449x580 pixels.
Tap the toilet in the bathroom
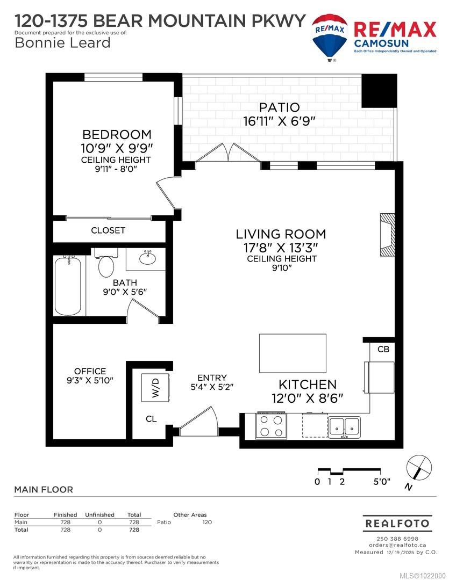pyautogui.click(x=106, y=265)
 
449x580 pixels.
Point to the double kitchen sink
pyautogui.click(x=345, y=425)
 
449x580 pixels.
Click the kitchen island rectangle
pyautogui.click(x=293, y=353)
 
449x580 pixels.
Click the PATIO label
pyautogui.click(x=278, y=107)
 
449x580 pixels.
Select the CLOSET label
pyautogui.click(x=108, y=230)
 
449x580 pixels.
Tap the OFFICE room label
pyautogui.click(x=90, y=371)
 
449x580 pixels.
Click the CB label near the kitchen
pyautogui.click(x=383, y=349)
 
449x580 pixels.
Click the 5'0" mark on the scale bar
pyautogui.click(x=382, y=482)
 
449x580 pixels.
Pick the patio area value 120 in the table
pyautogui.click(x=206, y=522)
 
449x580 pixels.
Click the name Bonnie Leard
pyautogui.click(x=62, y=43)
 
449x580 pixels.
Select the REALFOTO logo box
pyautogui.click(x=397, y=523)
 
